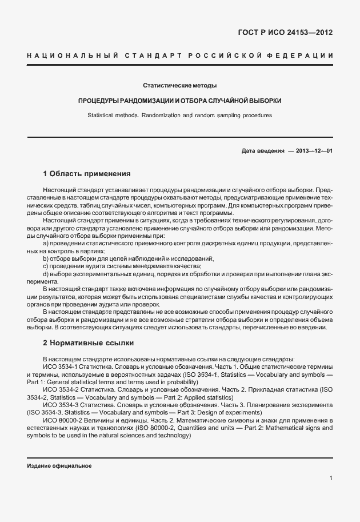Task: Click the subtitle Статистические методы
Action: (179, 86)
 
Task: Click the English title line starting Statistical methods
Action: (179, 115)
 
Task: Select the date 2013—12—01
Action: (314, 150)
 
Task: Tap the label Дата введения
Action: (262, 150)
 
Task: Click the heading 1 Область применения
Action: (87, 173)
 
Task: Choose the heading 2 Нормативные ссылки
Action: (88, 343)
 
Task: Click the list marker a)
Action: (46, 243)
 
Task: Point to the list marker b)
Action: (46, 258)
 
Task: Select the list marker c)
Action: (46, 266)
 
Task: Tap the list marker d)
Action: (46, 274)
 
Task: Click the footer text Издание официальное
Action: (59, 465)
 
